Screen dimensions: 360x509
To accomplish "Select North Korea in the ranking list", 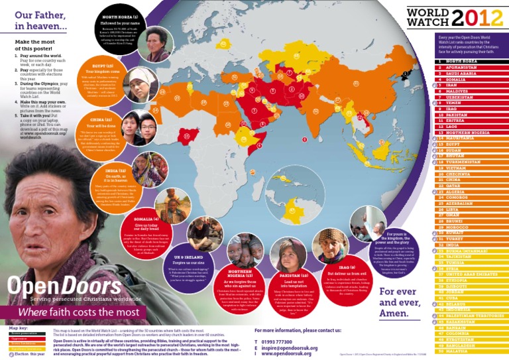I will pyautogui.click(x=457, y=61).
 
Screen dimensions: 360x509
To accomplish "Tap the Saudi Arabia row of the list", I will pyautogui.click(x=458, y=73).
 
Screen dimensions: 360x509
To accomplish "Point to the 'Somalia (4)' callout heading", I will pyautogui.click(x=146, y=218).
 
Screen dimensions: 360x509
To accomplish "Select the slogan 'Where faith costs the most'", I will pyautogui.click(x=78, y=312).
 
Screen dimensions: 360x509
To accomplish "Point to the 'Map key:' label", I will pyautogui.click(x=19, y=328).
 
